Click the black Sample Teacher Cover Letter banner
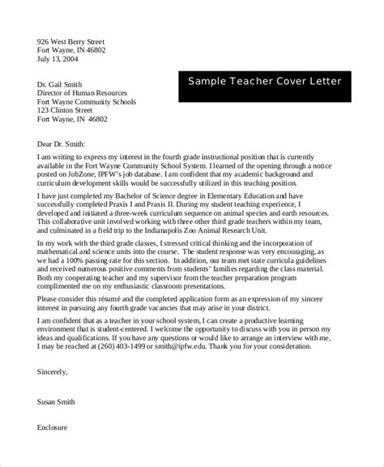(265, 82)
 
